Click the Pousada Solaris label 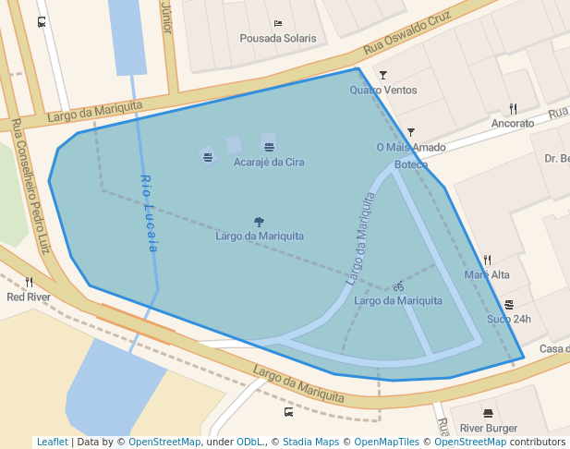pyautogui.click(x=277, y=39)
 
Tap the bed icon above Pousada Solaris pyautogui.click(x=278, y=23)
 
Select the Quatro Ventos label pyautogui.click(x=383, y=90)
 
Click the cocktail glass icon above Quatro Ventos pyautogui.click(x=383, y=75)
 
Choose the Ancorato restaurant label pyautogui.click(x=513, y=123)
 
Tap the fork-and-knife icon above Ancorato pyautogui.click(x=513, y=108)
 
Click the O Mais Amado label pyautogui.click(x=411, y=147)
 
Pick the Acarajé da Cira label pyautogui.click(x=269, y=162)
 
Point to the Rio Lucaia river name pyautogui.click(x=150, y=213)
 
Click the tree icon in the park pyautogui.click(x=259, y=222)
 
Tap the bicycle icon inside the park pyautogui.click(x=398, y=286)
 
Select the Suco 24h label pyautogui.click(x=509, y=320)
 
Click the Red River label pyautogui.click(x=29, y=297)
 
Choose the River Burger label pyautogui.click(x=489, y=428)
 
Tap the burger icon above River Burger pyautogui.click(x=488, y=413)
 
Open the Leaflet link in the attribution pyautogui.click(x=53, y=442)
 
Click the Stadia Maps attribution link pyautogui.click(x=310, y=442)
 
